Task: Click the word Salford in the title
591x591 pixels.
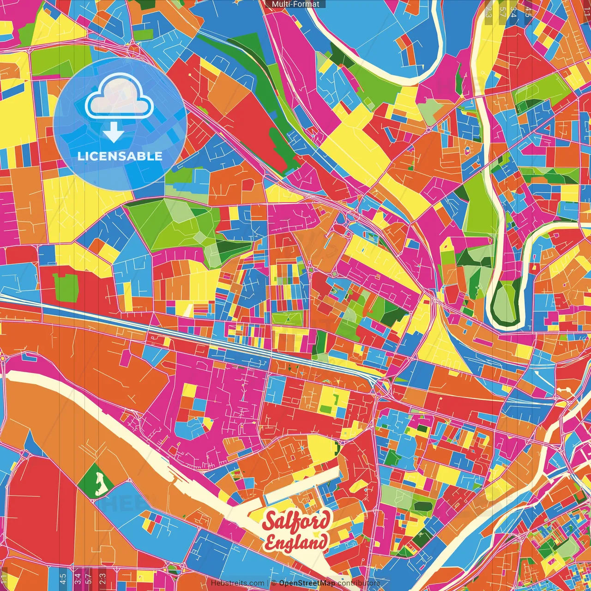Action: tap(297, 521)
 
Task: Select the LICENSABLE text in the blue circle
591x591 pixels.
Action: tap(120, 156)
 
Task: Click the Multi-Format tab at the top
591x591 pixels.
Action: tap(295, 4)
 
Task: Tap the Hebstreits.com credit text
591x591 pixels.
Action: tap(238, 583)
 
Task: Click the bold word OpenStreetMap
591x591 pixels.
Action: tap(307, 583)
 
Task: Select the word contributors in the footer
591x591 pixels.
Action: tap(359, 583)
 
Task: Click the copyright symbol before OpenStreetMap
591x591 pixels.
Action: tap(274, 583)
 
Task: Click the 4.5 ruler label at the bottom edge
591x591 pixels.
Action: tap(63, 578)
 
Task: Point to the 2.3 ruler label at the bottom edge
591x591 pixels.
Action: tap(103, 578)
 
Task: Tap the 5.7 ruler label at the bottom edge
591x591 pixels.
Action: tap(90, 578)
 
